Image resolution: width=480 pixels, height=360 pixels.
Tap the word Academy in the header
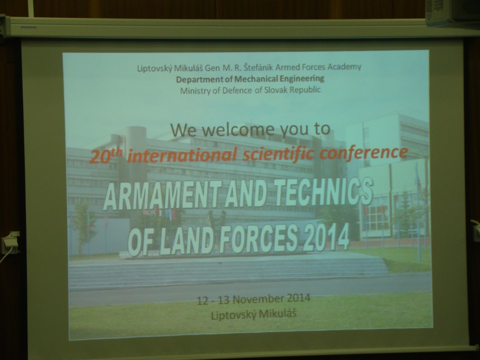click(344, 67)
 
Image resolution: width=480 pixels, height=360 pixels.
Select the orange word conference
click(364, 152)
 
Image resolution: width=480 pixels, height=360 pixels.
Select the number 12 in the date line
click(203, 301)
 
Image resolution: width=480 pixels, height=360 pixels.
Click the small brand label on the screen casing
click(28, 27)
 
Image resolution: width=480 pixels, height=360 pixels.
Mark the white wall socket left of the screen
click(10, 243)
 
